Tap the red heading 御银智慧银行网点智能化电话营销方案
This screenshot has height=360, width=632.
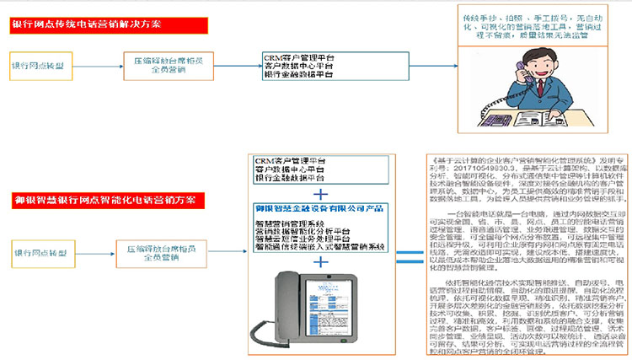click(104, 200)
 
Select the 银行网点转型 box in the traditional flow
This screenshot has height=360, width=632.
click(39, 64)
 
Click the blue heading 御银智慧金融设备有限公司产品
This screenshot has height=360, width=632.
click(320, 207)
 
